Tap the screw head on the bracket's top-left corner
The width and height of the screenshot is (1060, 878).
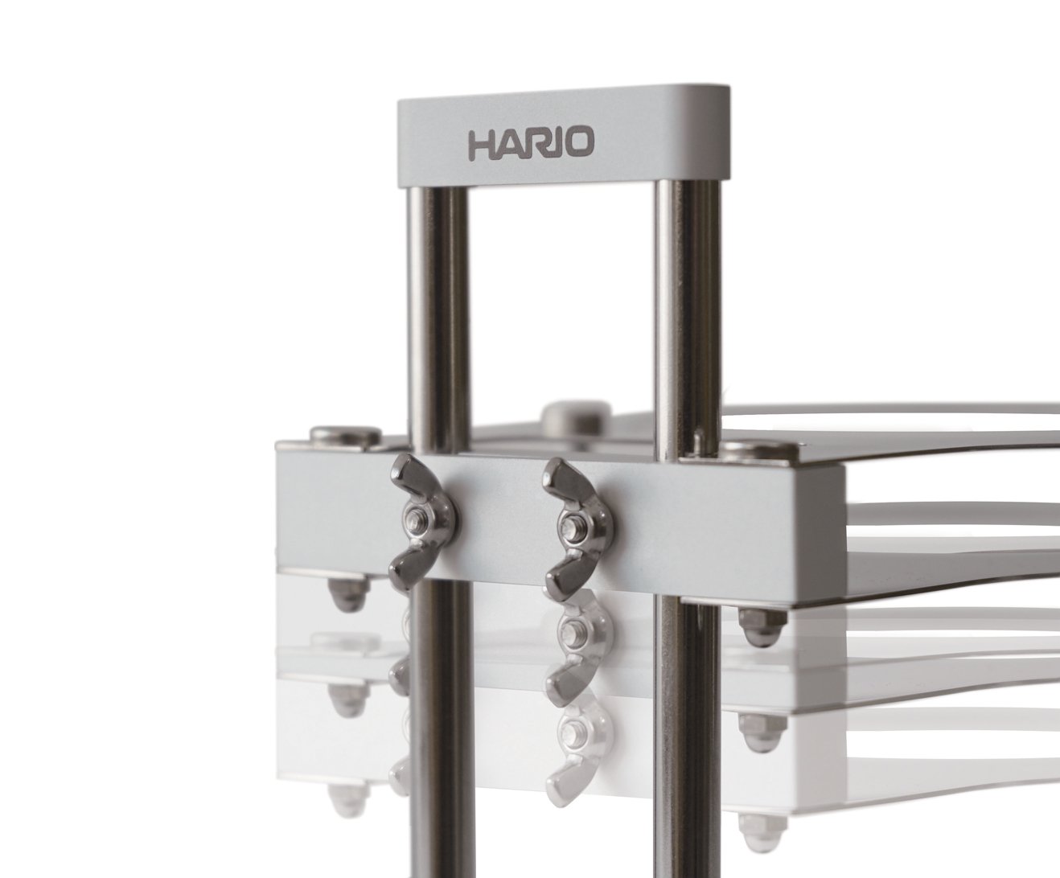point(344,433)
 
